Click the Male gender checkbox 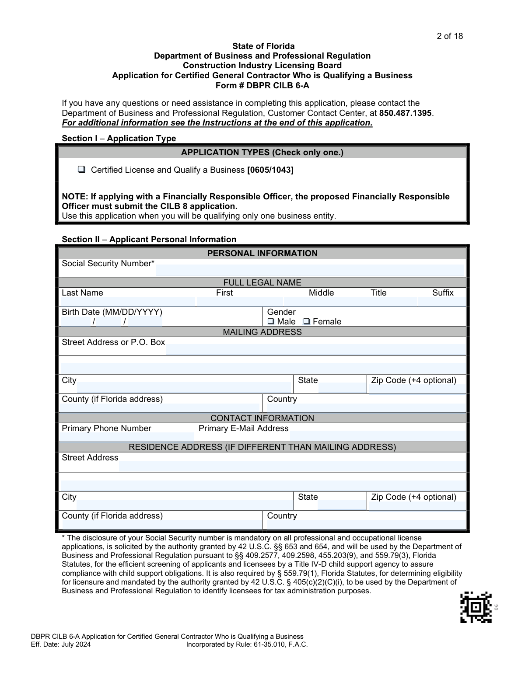271,321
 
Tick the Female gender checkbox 307,321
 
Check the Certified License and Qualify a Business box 81,170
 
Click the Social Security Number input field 309,269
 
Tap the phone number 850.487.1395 405,113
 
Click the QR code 476,607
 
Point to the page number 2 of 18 449,36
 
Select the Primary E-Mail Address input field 378,435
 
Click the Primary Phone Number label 106,428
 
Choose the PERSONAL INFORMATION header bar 262,253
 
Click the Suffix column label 443,293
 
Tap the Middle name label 321,293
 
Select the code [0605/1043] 270,170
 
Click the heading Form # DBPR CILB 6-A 262,85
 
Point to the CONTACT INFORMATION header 262,418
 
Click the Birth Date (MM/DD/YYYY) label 112,312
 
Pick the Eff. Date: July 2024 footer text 61,644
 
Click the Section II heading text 149,239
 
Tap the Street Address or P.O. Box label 113,342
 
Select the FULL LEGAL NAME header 262,282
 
